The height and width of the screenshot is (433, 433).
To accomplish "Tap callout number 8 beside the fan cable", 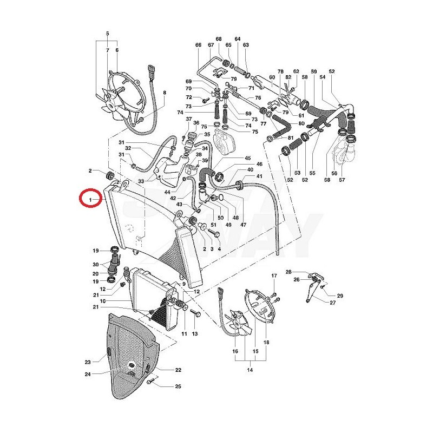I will pos(165,93).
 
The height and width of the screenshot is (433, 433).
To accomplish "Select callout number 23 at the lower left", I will pos(87,362).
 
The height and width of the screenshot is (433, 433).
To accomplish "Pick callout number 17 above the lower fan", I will pos(273,275).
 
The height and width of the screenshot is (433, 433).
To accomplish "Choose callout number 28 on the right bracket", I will pos(288,272).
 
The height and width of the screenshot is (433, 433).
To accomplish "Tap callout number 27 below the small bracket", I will pos(332,303).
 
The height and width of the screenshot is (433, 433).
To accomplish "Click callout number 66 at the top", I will pos(198,45).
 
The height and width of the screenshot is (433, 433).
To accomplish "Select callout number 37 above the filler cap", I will pos(189,119).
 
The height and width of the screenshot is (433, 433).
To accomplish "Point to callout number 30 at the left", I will pos(95,264).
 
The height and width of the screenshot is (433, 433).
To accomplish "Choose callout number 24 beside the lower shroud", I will pos(87,374).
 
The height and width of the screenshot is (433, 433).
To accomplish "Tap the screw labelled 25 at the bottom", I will pos(151,382).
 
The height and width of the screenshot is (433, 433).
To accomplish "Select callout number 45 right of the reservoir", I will pos(248,158).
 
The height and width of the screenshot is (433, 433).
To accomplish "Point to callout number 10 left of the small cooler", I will pos(103,300).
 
